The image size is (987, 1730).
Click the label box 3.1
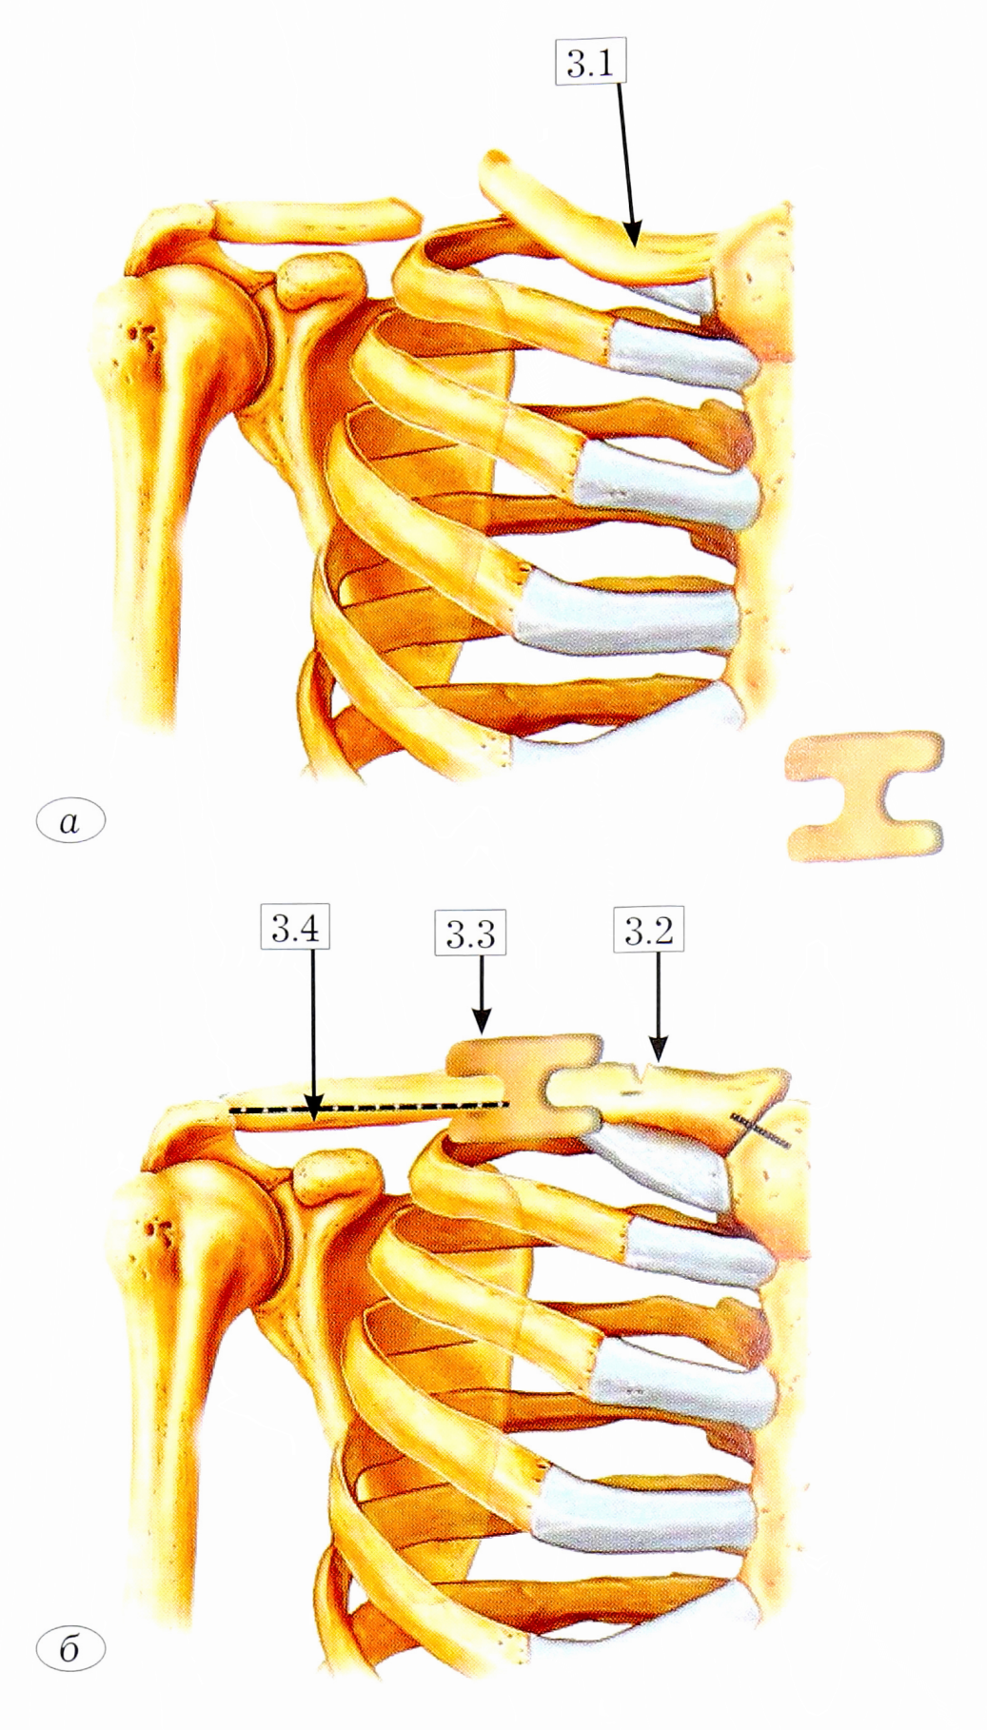click(590, 64)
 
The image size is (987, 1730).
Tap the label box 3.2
click(649, 931)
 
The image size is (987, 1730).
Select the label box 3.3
click(470, 934)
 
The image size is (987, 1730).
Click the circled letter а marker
click(69, 820)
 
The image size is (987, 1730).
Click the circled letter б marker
click(69, 1648)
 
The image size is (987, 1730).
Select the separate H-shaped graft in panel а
click(865, 796)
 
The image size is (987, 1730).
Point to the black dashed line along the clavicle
click(369, 1107)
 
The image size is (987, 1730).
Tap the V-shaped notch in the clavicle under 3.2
click(644, 1073)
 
